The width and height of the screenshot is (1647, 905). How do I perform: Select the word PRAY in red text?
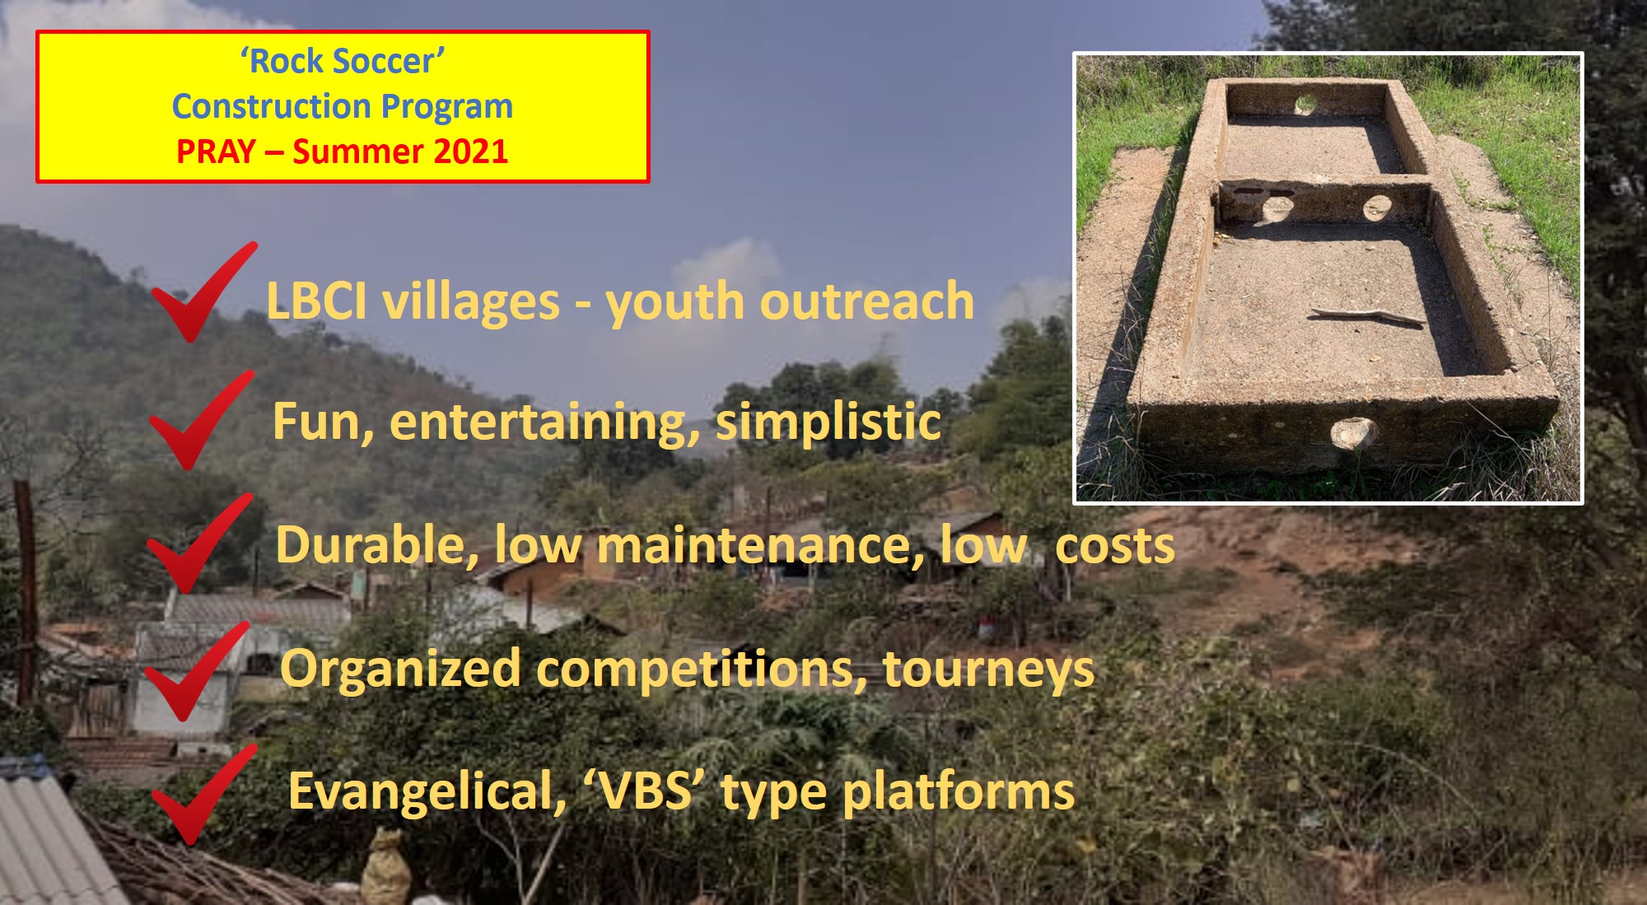point(217,152)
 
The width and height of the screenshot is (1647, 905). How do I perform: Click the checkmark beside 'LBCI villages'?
point(203,292)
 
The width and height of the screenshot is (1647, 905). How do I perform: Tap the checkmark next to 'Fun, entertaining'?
point(201,420)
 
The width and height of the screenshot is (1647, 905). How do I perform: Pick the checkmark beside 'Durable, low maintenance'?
point(199,543)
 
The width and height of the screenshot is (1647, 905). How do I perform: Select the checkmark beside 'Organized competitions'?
point(198,670)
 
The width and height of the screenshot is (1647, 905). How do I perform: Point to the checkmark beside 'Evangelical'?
point(204,794)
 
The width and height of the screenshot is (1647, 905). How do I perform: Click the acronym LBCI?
point(317,301)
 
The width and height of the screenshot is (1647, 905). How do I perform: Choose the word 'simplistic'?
point(828,422)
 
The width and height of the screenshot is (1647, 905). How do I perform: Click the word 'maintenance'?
point(761,545)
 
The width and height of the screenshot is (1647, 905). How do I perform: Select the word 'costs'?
point(1115,546)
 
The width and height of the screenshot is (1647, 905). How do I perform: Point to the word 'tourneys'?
point(989,669)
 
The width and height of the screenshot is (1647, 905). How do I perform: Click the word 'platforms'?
point(959,792)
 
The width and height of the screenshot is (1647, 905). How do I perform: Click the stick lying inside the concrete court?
point(1367,315)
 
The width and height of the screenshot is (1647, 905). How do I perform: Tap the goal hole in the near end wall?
point(1353,433)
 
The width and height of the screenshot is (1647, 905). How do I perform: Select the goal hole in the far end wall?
point(1305,104)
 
